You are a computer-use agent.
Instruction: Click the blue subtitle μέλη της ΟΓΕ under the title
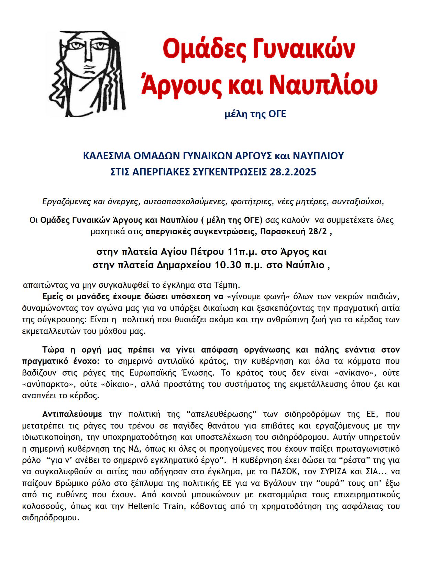[255, 114]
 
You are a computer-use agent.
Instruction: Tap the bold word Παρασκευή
[282, 231]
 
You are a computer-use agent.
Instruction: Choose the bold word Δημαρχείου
[185, 266]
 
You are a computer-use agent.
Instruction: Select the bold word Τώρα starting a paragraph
[54, 350]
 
